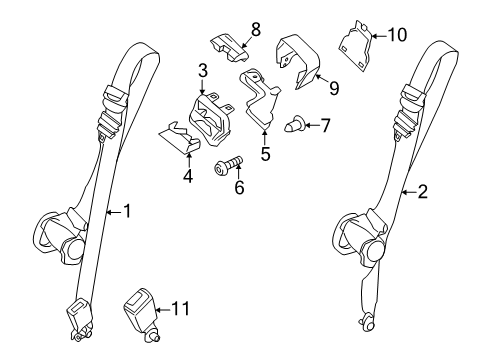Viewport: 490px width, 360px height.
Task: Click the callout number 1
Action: point(127,211)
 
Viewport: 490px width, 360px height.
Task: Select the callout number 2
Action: point(422,192)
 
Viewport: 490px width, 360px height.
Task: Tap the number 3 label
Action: point(203,71)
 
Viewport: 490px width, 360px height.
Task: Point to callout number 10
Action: point(397,35)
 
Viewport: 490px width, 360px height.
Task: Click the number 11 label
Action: point(181,308)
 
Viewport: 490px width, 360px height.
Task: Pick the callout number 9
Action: point(334,88)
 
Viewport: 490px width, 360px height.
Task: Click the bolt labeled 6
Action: point(228,166)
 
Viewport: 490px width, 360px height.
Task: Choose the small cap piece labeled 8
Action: point(230,47)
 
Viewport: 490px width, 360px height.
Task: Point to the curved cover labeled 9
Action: point(298,61)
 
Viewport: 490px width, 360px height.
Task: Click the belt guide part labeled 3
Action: point(211,120)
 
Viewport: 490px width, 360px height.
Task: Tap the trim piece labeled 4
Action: point(179,138)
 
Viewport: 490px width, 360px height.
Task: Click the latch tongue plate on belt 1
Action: point(81,310)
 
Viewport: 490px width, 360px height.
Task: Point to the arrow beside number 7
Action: point(312,125)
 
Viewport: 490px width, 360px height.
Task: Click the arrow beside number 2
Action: point(409,192)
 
